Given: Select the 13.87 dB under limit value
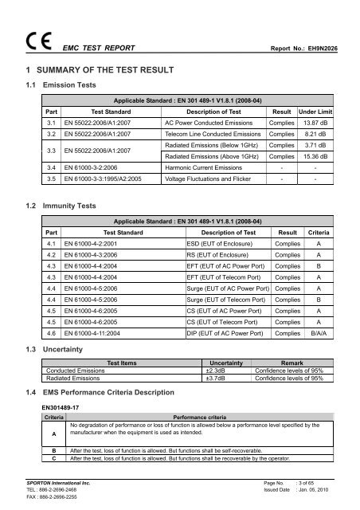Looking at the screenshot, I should coord(316,126).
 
